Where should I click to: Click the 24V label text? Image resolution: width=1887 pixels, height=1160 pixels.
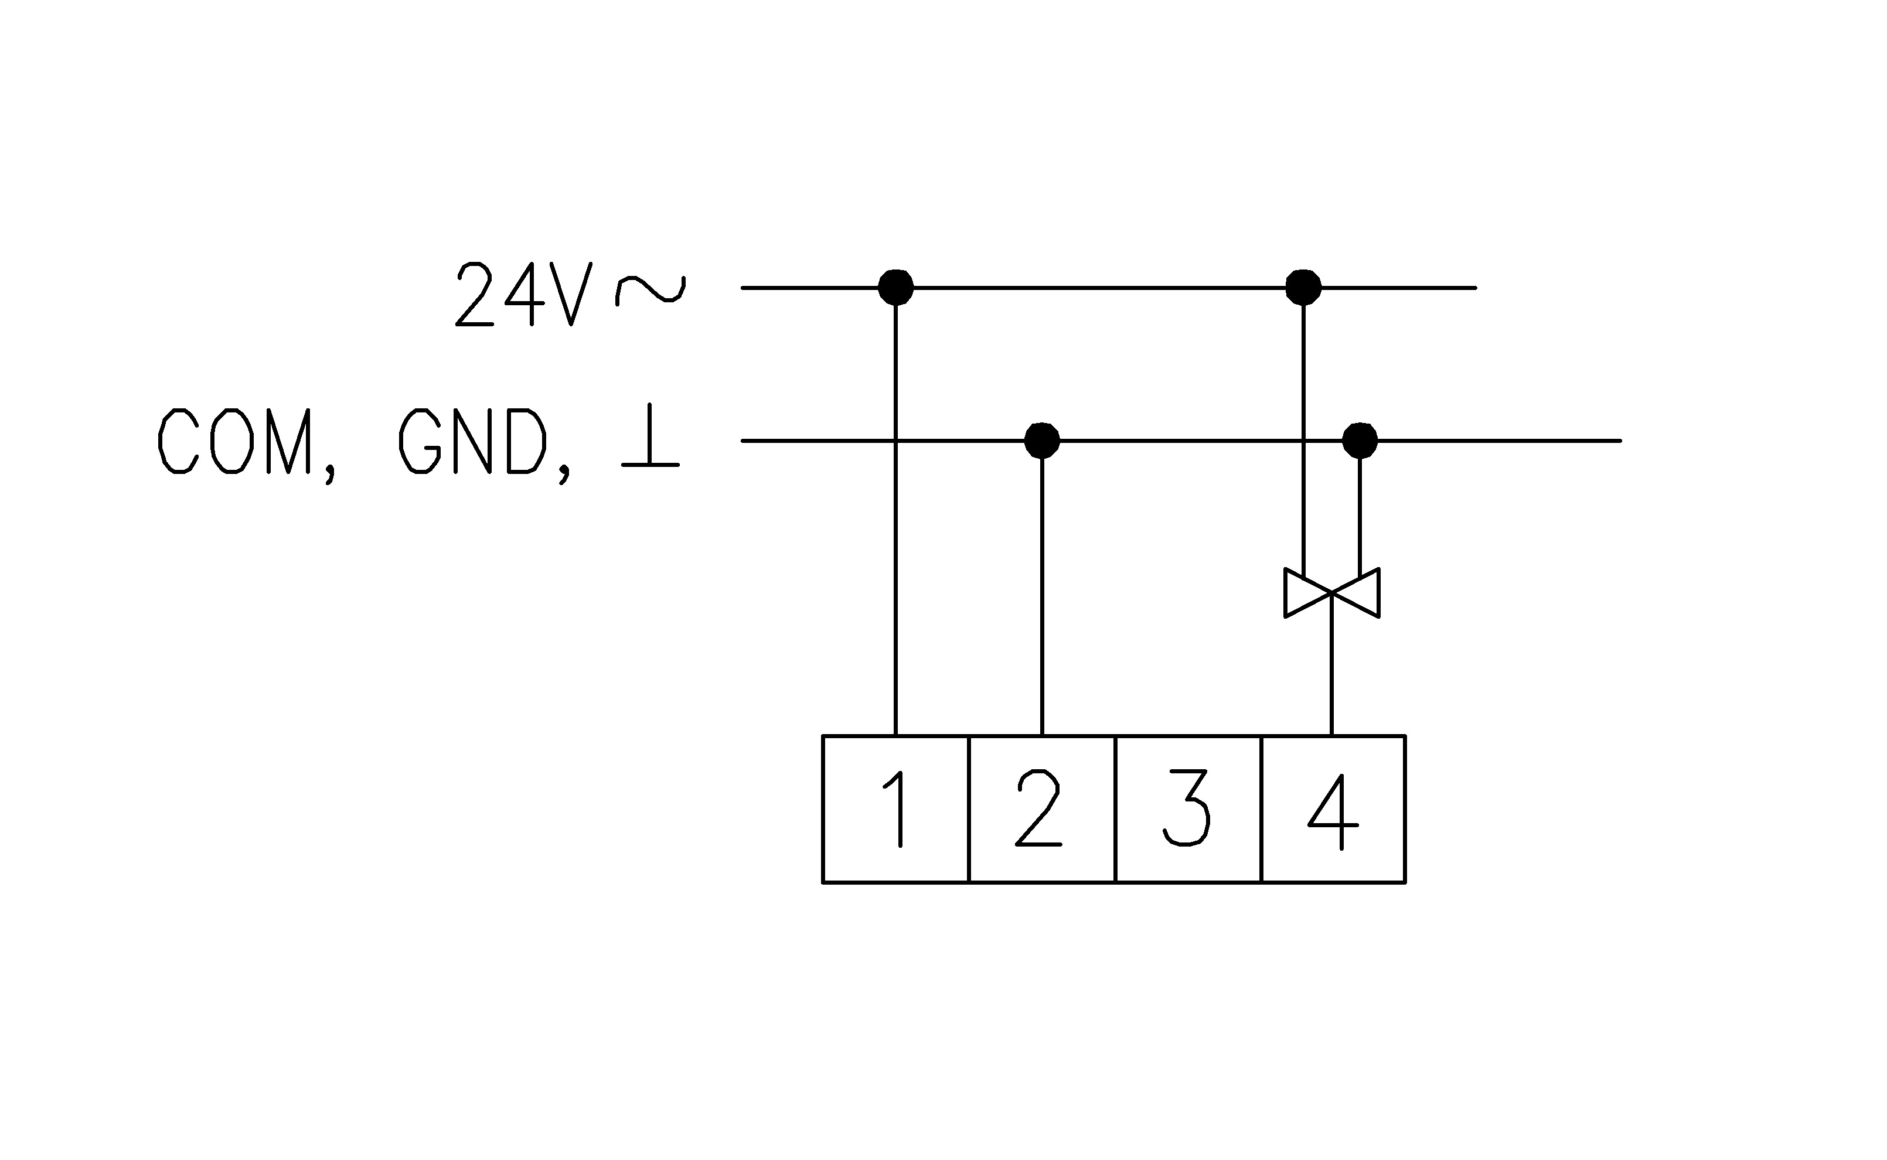pos(524,295)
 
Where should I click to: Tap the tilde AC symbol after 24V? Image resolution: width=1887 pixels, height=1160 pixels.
pos(650,290)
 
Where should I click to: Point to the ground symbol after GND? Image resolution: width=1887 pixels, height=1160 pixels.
pos(650,436)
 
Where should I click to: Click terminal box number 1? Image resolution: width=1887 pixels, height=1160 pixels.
pos(895,810)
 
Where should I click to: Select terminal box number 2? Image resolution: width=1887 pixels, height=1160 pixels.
pos(1041,810)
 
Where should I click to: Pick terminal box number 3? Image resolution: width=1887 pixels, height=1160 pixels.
pos(1187,810)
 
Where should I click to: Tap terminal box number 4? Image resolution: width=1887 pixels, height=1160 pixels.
pos(1333,810)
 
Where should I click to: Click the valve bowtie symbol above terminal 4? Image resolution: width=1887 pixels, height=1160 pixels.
pos(1331,592)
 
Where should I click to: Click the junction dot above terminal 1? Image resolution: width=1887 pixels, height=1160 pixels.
pos(895,288)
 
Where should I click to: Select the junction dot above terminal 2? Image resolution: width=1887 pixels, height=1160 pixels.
pos(1041,441)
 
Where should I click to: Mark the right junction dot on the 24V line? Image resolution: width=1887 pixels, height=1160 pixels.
pos(1303,288)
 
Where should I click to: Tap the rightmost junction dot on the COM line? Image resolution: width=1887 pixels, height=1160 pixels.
pos(1360,441)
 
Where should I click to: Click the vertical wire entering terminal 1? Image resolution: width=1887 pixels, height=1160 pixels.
pos(895,583)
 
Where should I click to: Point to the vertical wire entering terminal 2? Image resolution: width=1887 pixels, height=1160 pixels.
pos(1041,598)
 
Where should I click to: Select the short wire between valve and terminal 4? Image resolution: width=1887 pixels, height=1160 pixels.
pos(1331,675)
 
